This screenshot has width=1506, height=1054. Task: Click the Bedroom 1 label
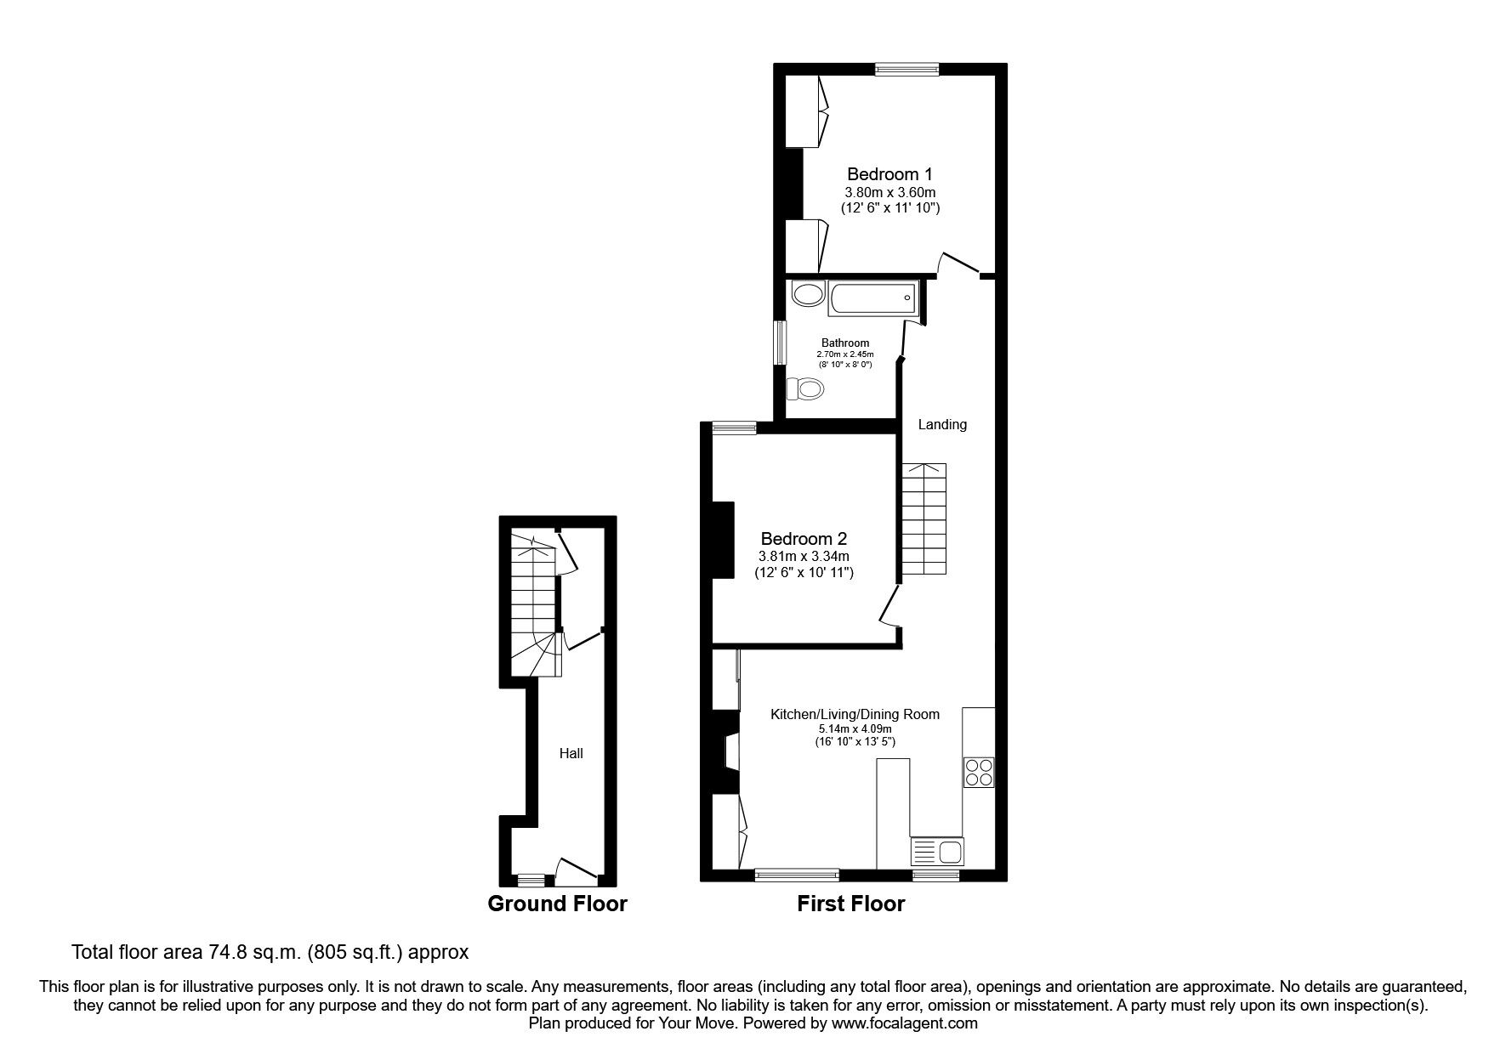889,173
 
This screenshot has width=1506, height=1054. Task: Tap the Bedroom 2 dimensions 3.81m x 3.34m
804,557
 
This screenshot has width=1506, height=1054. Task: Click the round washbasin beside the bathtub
807,295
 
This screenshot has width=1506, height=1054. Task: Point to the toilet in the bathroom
804,390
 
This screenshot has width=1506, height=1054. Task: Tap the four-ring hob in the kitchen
979,772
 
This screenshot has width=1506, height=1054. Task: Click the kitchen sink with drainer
937,851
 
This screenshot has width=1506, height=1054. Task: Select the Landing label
942,425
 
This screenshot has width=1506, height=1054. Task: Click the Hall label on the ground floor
571,753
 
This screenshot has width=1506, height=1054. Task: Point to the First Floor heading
850,904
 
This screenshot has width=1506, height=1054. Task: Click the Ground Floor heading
557,904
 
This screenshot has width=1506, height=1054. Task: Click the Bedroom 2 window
734,428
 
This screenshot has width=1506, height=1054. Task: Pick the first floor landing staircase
923,518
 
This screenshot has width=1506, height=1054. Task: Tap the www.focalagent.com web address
904,1024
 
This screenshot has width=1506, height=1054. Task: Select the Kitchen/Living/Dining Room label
855,714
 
